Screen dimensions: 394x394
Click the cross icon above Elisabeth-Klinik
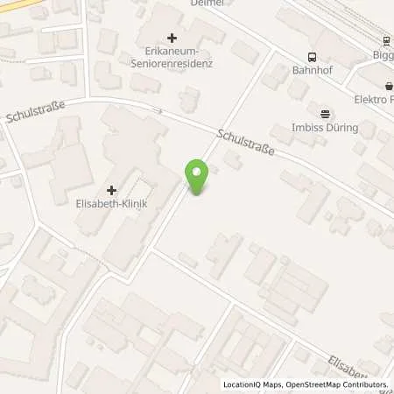pos(112,190)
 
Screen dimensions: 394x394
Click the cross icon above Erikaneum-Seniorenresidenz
pos(172,38)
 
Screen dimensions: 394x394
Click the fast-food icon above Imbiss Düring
pos(326,113)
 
